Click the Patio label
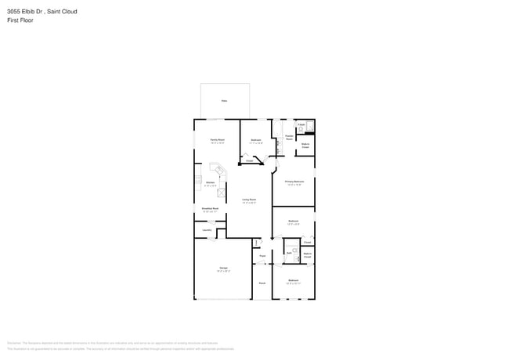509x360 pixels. (224, 101)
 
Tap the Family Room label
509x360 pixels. (217, 140)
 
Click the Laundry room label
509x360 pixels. (207, 229)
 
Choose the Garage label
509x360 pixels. (223, 268)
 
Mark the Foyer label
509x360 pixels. (262, 256)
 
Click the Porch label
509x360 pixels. (262, 283)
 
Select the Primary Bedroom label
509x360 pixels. (294, 182)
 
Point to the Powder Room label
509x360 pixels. (289, 136)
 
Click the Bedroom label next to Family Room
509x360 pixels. (255, 140)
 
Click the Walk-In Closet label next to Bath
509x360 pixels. (308, 255)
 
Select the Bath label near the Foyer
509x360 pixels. (289, 253)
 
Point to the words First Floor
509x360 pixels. (20, 20)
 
